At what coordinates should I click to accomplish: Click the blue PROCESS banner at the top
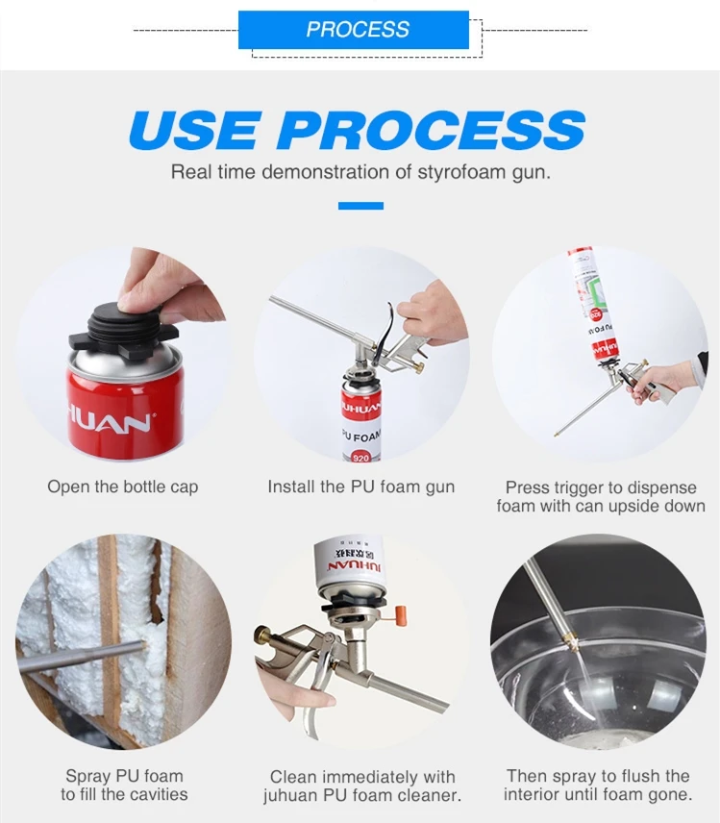(x=353, y=30)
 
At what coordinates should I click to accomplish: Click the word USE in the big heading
(x=193, y=130)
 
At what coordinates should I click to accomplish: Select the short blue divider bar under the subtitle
(x=360, y=206)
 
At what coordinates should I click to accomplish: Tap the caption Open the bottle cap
(x=123, y=486)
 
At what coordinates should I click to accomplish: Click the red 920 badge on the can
(x=360, y=457)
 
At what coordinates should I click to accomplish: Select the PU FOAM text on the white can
(x=361, y=436)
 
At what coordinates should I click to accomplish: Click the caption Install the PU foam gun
(x=361, y=486)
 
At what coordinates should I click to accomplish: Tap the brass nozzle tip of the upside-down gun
(x=557, y=434)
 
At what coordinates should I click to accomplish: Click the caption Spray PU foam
(x=124, y=776)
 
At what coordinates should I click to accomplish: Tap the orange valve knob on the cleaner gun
(x=401, y=615)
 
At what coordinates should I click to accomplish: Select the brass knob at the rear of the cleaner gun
(x=261, y=636)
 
